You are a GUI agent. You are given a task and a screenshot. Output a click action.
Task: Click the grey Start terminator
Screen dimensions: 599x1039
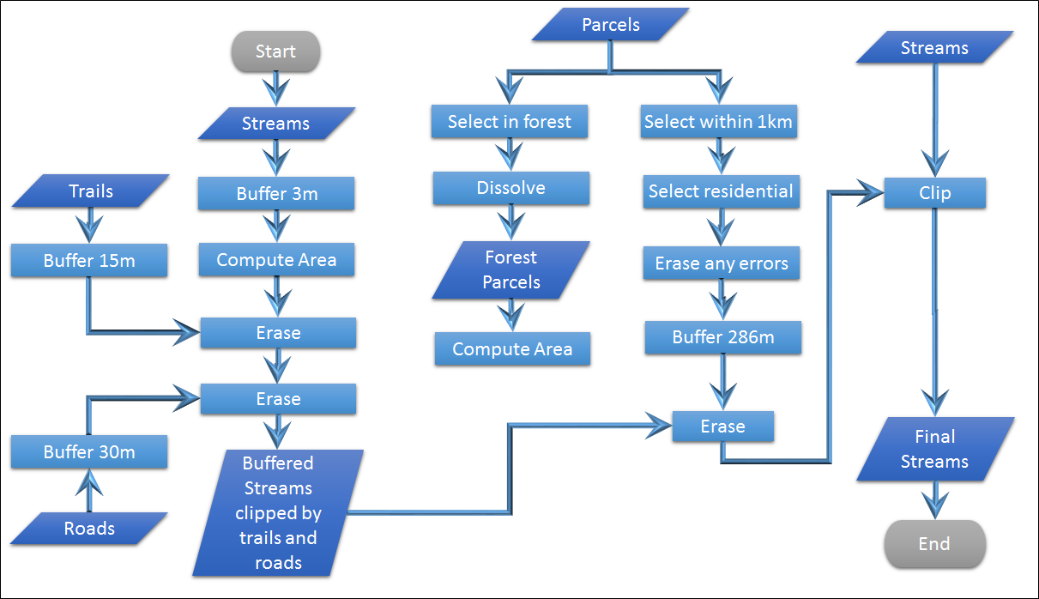pyautogui.click(x=275, y=51)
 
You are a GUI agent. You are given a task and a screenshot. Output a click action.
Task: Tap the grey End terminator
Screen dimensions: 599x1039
pyautogui.click(x=934, y=543)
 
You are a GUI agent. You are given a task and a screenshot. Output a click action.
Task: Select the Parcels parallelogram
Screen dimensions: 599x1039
pyautogui.click(x=611, y=25)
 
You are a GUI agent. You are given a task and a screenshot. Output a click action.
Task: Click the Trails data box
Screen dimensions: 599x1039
pyautogui.click(x=90, y=191)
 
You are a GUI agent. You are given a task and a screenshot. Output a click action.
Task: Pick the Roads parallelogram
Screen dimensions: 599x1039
pyautogui.click(x=89, y=529)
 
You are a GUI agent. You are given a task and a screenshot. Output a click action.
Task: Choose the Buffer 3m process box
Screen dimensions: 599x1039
pyautogui.click(x=276, y=194)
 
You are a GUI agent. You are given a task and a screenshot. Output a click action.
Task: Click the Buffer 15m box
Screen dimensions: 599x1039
pyautogui.click(x=89, y=261)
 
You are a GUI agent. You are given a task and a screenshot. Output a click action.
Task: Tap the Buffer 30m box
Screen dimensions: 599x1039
pyautogui.click(x=89, y=451)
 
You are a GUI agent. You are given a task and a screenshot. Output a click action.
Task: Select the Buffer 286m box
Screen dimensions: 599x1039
pyautogui.click(x=723, y=337)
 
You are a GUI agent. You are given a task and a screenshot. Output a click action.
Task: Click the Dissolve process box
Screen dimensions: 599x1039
pyautogui.click(x=511, y=188)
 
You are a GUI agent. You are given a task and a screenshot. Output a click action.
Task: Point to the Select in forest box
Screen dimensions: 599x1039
pyautogui.click(x=510, y=122)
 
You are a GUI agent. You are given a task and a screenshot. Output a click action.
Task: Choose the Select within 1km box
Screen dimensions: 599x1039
pyautogui.click(x=719, y=122)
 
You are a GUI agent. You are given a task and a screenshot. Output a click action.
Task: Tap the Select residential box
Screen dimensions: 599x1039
pyautogui.click(x=721, y=191)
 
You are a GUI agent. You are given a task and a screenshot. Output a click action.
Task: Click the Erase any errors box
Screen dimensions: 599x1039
pyautogui.click(x=722, y=263)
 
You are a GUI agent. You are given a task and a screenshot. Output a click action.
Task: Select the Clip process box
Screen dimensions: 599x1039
pyautogui.click(x=935, y=193)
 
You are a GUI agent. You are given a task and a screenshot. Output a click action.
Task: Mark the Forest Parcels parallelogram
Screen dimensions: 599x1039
pyautogui.click(x=511, y=269)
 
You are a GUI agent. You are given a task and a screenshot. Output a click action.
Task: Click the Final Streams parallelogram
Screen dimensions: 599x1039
pyautogui.click(x=935, y=449)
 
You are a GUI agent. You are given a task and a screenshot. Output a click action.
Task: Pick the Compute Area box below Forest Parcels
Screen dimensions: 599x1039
pyautogui.click(x=512, y=349)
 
